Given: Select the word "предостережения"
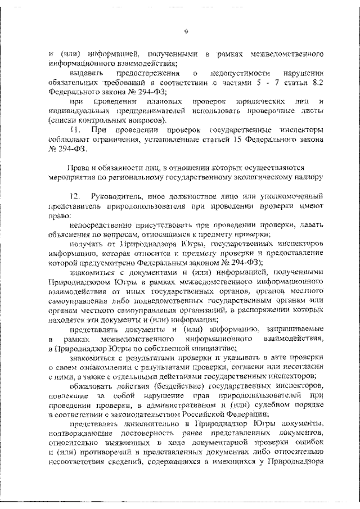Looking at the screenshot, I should click(x=142, y=74).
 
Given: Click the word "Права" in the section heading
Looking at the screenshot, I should click(x=78, y=168).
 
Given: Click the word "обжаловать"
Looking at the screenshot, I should click(x=91, y=386).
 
